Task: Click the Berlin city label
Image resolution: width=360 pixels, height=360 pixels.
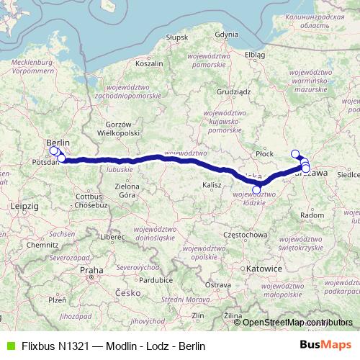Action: [x=58, y=143]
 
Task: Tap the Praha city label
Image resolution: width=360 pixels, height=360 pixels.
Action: [x=91, y=270]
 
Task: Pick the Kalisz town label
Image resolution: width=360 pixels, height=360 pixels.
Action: [x=212, y=185]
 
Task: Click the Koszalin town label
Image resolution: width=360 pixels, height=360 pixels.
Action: [x=150, y=63]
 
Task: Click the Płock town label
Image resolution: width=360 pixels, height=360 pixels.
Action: [x=266, y=153]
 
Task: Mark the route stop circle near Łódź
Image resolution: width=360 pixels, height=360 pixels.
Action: [x=256, y=189]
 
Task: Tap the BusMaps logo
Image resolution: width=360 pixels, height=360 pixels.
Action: [x=325, y=345]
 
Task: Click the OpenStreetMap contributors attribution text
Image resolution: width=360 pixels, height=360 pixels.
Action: [x=297, y=323]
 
